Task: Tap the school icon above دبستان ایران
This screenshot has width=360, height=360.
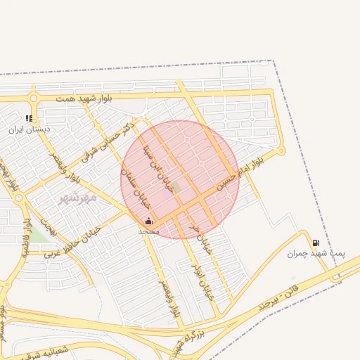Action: coord(29,119)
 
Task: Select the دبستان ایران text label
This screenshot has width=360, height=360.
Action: coord(30,129)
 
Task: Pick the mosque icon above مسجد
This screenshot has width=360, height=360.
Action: coord(148,221)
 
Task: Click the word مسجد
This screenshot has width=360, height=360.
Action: coord(149,231)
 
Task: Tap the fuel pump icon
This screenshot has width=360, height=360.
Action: coord(315,243)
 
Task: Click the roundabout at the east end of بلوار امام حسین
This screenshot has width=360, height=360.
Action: coord(281,150)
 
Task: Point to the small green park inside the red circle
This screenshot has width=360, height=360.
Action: coord(178,187)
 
